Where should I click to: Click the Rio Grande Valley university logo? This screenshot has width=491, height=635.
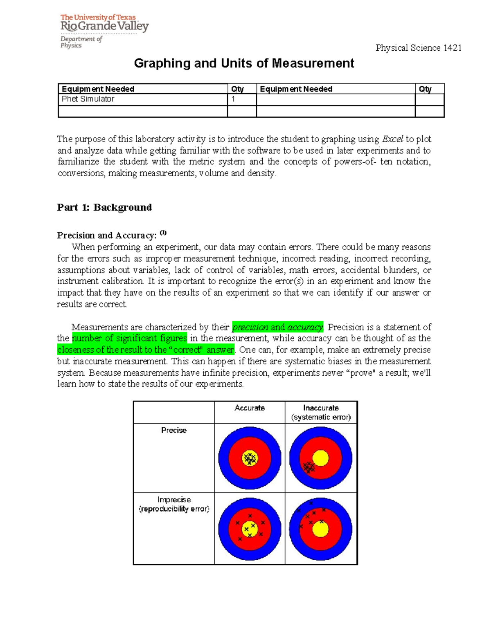click(104, 31)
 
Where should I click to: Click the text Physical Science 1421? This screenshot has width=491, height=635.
click(418, 48)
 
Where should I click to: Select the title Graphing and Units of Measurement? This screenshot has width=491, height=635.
click(244, 63)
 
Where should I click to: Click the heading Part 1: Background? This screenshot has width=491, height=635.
click(104, 207)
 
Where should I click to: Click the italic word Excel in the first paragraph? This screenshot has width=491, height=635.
click(392, 139)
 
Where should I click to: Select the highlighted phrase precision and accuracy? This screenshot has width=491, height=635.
click(277, 327)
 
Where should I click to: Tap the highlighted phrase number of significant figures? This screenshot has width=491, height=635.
click(129, 338)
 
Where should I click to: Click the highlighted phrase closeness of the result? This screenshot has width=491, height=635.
click(146, 350)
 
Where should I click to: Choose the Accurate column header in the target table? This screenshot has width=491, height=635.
click(250, 408)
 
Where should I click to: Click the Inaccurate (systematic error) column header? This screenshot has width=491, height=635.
click(321, 412)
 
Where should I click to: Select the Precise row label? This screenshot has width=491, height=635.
click(174, 430)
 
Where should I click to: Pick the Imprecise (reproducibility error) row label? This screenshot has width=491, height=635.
click(174, 504)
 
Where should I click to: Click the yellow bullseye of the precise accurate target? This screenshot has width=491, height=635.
click(250, 458)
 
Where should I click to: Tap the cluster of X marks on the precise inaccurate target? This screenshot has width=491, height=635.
click(309, 467)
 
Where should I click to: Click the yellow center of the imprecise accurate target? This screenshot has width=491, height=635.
click(250, 529)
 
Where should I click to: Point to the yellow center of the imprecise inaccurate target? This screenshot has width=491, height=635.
click(320, 530)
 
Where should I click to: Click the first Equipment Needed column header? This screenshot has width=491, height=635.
click(98, 89)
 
